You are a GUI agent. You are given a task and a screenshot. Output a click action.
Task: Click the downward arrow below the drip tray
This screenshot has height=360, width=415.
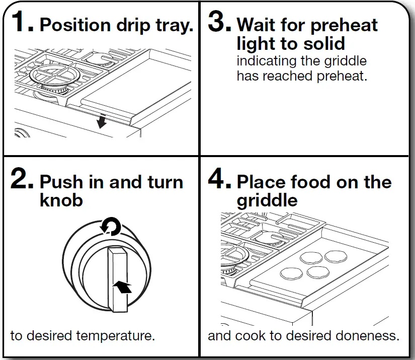(x=102, y=121)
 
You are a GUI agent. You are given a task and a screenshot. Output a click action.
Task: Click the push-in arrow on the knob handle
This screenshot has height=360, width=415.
(x=122, y=287)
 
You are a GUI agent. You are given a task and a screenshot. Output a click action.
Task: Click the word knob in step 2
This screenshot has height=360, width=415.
(x=61, y=200)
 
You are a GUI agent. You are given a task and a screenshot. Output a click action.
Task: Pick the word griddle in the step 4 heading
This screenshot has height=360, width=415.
(x=267, y=200)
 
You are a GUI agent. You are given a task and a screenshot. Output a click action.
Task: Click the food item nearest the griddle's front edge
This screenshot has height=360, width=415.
(x=290, y=274)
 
